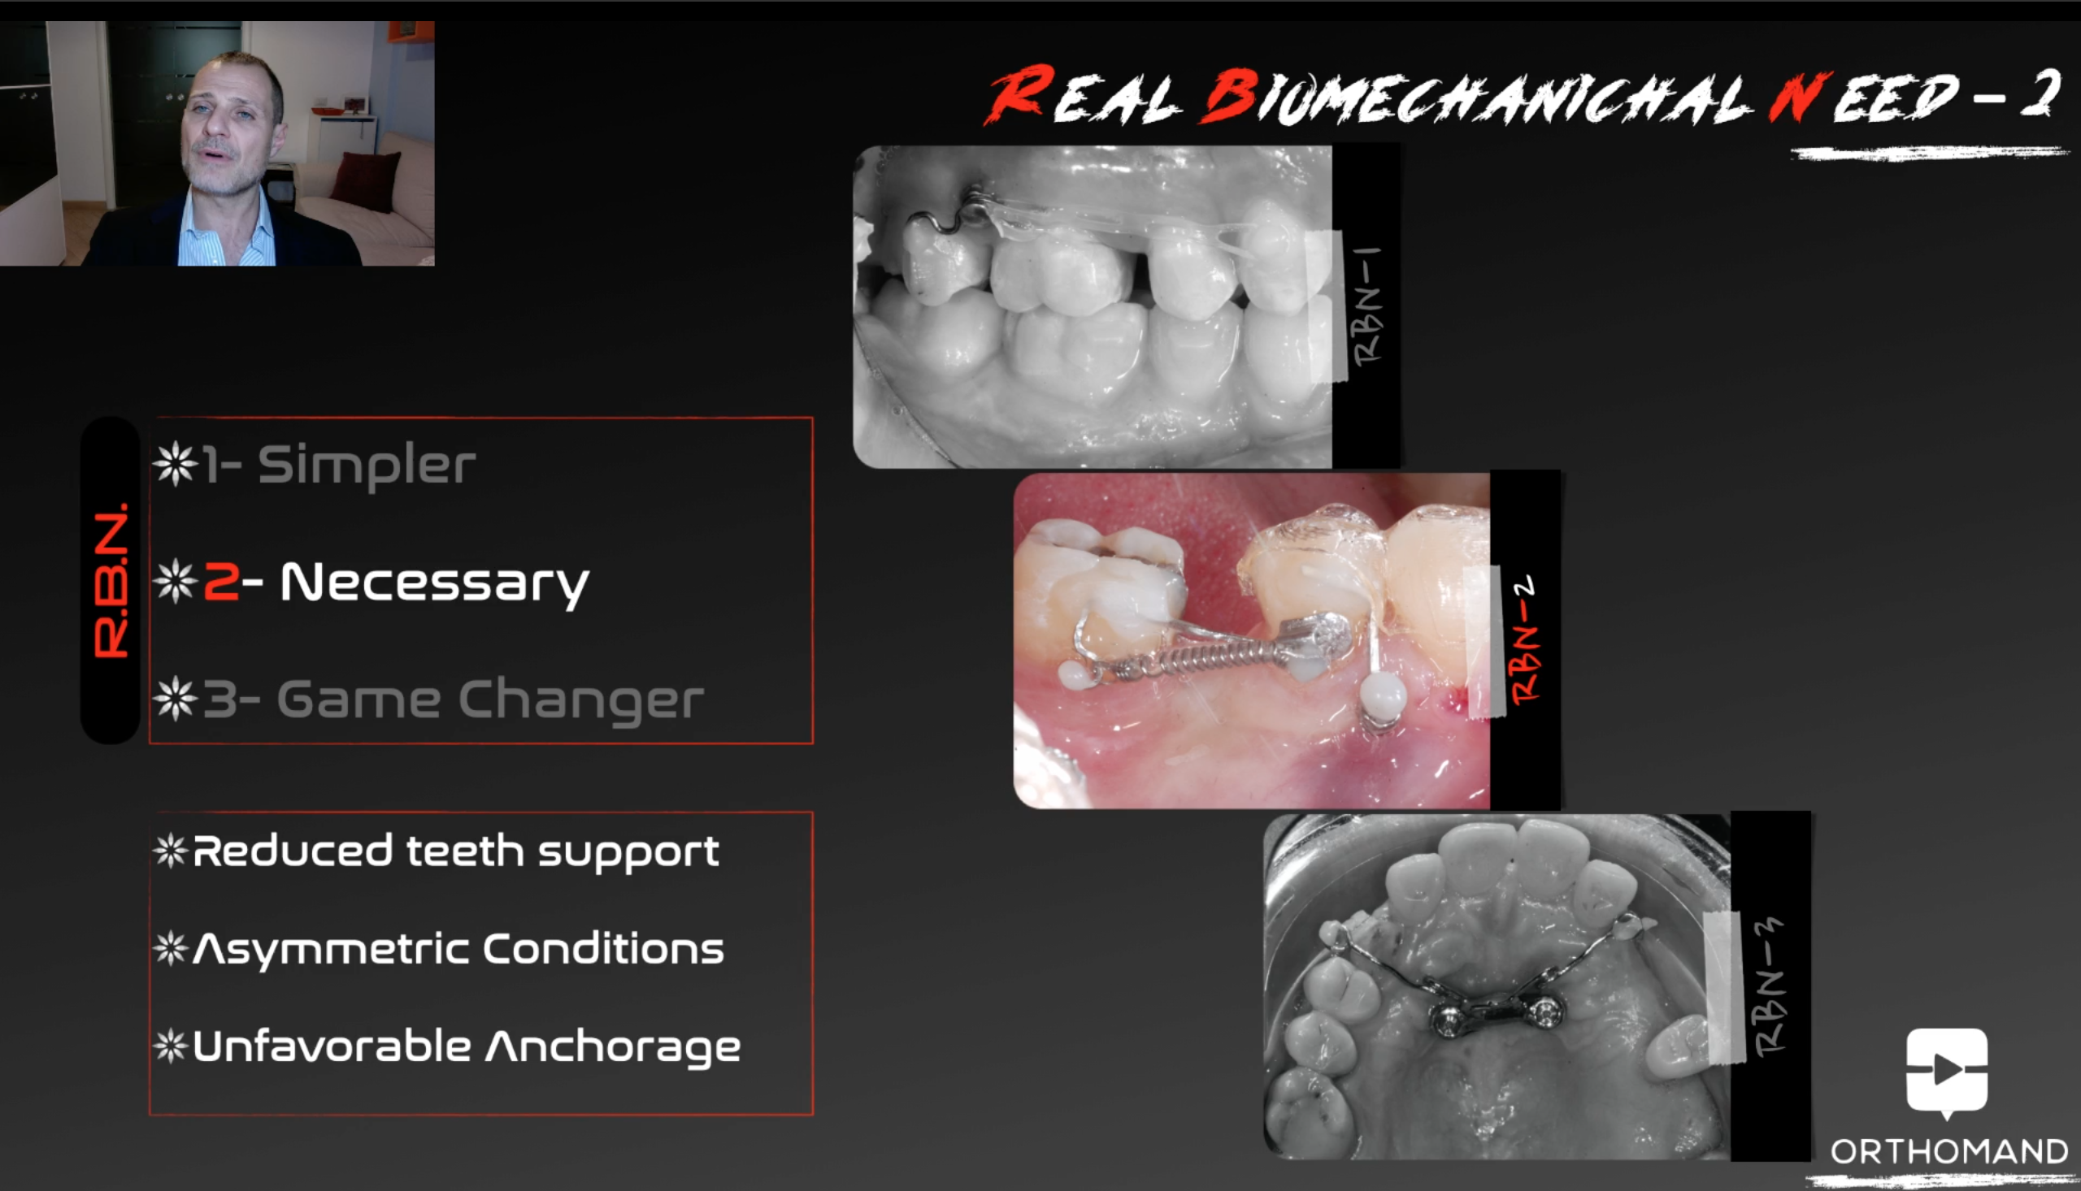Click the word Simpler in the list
pyautogui.click(x=367, y=466)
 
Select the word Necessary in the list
pyautogui.click(x=435, y=584)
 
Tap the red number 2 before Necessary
pyautogui.click(x=221, y=582)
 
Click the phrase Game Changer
pyautogui.click(x=490, y=700)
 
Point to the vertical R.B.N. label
pyautogui.click(x=111, y=580)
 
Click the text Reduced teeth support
pyautogui.click(x=456, y=851)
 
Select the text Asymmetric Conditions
pyautogui.click(x=458, y=949)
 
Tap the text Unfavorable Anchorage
pyautogui.click(x=467, y=1047)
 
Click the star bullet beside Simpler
pyautogui.click(x=175, y=464)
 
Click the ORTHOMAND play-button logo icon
pyautogui.click(x=1947, y=1072)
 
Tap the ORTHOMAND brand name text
pyautogui.click(x=1948, y=1152)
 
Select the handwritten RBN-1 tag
pyautogui.click(x=1367, y=305)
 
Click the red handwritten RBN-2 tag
pyautogui.click(x=1524, y=640)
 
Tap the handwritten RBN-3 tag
pyautogui.click(x=1768, y=986)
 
